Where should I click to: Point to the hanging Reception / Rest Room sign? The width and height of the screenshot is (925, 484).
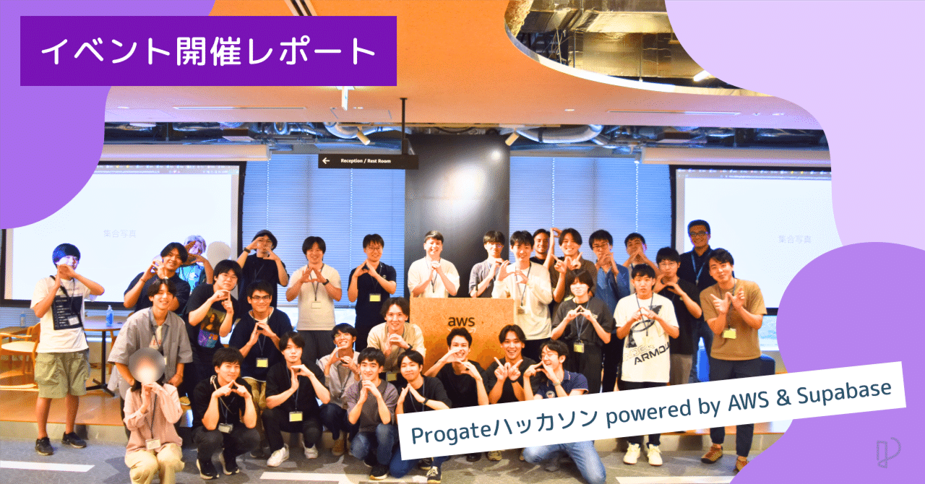368,161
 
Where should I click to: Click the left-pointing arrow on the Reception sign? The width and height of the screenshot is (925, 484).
327,161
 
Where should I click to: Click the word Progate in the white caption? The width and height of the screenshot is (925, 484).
448,432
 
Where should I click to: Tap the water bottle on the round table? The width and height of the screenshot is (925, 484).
109,316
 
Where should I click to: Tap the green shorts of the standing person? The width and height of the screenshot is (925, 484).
61,373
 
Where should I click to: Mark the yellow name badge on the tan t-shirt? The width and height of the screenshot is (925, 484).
729,333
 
